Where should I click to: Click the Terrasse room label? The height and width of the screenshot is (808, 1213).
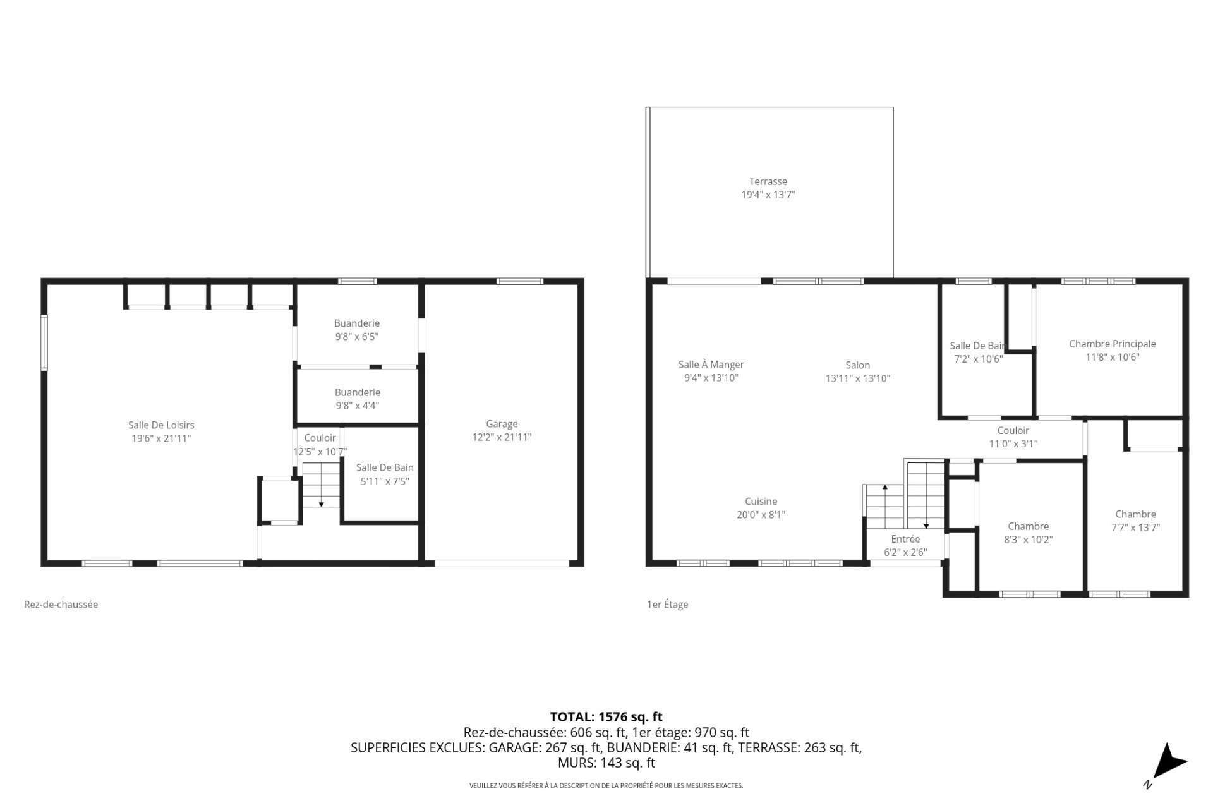pyautogui.click(x=768, y=181)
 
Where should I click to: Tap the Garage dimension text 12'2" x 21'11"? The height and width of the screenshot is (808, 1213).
pyautogui.click(x=502, y=437)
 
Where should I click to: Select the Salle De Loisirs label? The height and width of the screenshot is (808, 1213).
pyautogui.click(x=161, y=425)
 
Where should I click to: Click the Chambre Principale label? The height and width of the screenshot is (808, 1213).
pyautogui.click(x=1112, y=344)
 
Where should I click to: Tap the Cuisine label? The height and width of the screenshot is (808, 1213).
pyautogui.click(x=761, y=502)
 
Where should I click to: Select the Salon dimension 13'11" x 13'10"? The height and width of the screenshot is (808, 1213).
pyautogui.click(x=857, y=378)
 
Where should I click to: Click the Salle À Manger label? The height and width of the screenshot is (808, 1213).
pyautogui.click(x=711, y=365)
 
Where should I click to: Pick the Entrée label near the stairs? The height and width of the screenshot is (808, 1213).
pyautogui.click(x=905, y=539)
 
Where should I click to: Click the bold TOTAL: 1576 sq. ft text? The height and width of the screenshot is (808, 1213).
pyautogui.click(x=606, y=717)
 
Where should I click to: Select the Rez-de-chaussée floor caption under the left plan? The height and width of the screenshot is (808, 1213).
pyautogui.click(x=61, y=605)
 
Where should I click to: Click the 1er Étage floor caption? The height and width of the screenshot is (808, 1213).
pyautogui.click(x=667, y=605)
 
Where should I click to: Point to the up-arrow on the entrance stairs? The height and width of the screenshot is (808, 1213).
pyautogui.click(x=884, y=488)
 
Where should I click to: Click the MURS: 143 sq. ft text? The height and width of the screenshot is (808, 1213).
pyautogui.click(x=606, y=763)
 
